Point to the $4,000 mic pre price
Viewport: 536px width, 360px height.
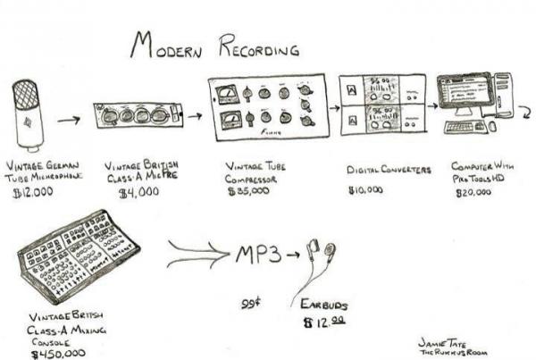click(x=138, y=191)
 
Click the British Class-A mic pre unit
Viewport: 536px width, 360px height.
click(x=139, y=115)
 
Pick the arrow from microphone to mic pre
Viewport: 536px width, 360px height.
click(x=69, y=117)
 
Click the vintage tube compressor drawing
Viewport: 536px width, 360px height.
click(x=267, y=106)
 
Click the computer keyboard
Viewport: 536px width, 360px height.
click(x=465, y=127)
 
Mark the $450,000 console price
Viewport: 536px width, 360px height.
click(x=59, y=354)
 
